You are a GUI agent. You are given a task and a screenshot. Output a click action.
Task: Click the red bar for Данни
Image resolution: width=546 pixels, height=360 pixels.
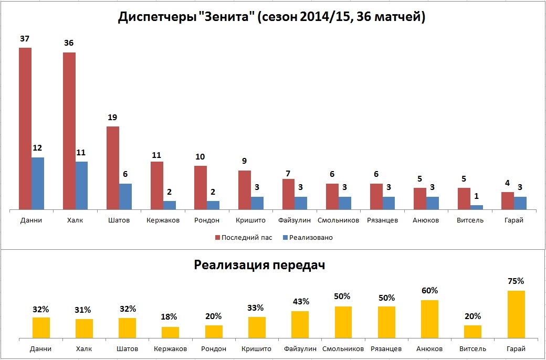(25, 129)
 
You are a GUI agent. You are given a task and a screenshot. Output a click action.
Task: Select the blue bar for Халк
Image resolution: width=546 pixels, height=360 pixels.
(81, 186)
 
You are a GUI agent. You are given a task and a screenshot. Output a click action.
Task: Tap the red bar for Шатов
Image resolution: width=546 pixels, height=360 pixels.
(113, 168)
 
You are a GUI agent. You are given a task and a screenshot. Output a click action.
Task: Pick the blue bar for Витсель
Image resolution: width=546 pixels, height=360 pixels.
(477, 207)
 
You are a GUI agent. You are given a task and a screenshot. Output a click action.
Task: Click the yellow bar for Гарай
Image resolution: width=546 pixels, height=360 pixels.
(516, 315)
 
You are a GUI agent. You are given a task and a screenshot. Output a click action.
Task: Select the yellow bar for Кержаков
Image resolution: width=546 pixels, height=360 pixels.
(170, 333)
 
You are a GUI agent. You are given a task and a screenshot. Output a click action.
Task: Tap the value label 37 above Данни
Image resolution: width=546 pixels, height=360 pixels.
(25, 39)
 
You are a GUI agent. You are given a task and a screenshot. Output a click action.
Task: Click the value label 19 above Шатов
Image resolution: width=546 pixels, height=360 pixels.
(113, 118)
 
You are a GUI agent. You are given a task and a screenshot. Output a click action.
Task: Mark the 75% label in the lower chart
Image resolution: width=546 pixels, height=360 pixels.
(516, 281)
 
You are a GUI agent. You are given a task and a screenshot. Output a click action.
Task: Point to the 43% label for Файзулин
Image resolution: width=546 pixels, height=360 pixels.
(301, 302)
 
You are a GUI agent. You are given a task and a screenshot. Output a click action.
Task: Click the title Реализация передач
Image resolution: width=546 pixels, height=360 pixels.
(259, 264)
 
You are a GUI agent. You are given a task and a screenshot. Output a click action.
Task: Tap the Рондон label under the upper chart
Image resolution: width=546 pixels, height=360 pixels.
(207, 220)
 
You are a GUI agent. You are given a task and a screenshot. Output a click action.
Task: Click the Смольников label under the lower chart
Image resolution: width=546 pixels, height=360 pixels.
(343, 349)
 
